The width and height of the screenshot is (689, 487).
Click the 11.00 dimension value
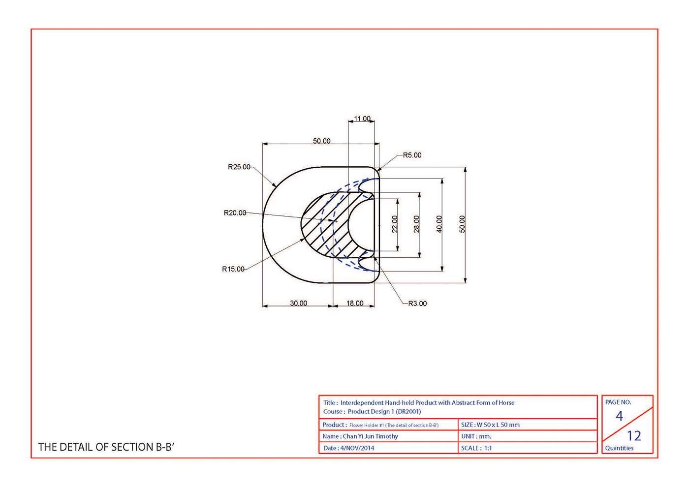click(x=362, y=119)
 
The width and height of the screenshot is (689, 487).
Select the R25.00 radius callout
click(x=239, y=167)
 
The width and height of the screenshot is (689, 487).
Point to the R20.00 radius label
click(x=235, y=213)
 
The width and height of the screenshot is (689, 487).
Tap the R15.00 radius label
click(x=233, y=269)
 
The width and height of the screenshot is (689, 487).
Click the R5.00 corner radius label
click(x=412, y=155)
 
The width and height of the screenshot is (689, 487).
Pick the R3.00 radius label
click(x=417, y=304)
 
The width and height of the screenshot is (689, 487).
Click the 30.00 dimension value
click(x=298, y=303)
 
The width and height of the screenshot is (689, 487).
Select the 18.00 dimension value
click(x=355, y=303)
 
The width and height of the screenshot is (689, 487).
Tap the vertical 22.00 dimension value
click(x=395, y=224)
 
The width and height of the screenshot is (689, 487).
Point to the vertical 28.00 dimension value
click(x=416, y=224)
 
